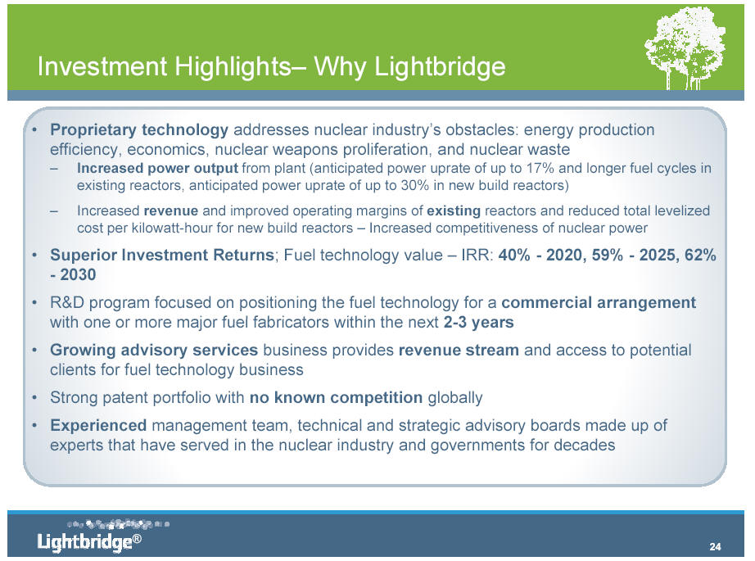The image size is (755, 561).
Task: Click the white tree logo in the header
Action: click(x=685, y=48)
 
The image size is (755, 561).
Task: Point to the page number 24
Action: click(x=715, y=546)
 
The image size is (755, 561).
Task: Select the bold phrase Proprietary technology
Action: click(x=139, y=130)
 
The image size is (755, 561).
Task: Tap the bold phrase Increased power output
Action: click(x=157, y=169)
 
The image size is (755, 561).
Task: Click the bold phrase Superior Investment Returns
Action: click(x=162, y=255)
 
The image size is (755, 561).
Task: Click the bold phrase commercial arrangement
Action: click(x=599, y=303)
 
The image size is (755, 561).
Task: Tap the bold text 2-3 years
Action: click(x=478, y=322)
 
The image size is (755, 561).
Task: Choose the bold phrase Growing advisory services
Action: click(x=154, y=350)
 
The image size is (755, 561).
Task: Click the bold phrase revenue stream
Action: click(x=459, y=350)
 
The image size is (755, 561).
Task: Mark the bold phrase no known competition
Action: click(x=336, y=398)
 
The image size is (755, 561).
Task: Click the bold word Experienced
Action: click(x=98, y=426)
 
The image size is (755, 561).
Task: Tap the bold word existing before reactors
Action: click(x=454, y=211)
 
